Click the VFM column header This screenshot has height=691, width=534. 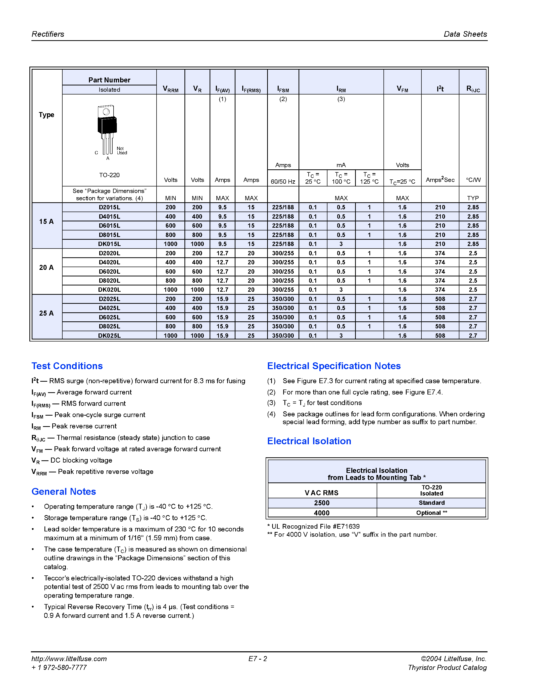click(x=402, y=89)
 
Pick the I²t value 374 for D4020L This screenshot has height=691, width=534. click(x=440, y=262)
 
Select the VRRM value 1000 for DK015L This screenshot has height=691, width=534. click(x=171, y=244)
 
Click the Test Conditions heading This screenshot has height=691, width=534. click(x=67, y=366)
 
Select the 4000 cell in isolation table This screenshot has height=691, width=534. click(x=322, y=513)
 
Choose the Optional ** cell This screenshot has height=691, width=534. click(x=431, y=513)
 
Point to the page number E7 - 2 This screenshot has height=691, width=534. click(x=258, y=659)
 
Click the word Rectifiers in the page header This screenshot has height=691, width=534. click(x=48, y=34)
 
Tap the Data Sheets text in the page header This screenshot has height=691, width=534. click(x=465, y=34)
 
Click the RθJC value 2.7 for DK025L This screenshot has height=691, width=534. click(x=473, y=335)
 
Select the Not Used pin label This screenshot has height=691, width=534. click(x=122, y=151)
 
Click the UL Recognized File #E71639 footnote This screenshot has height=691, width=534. click(x=314, y=526)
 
